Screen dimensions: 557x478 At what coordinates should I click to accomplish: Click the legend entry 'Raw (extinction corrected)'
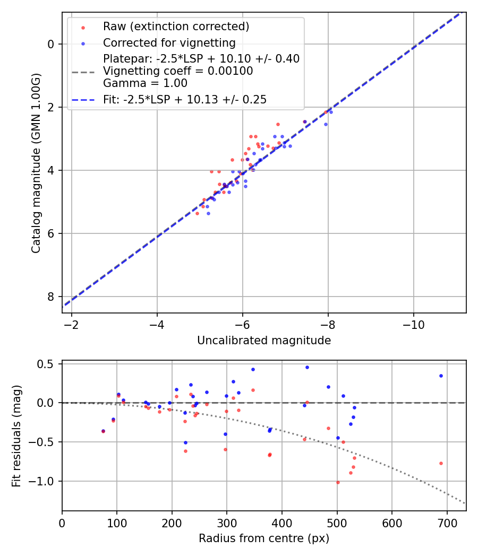click(x=176, y=27)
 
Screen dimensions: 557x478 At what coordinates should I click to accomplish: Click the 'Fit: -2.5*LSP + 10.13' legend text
click(x=185, y=99)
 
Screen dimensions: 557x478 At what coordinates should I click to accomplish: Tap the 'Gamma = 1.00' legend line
click(x=145, y=83)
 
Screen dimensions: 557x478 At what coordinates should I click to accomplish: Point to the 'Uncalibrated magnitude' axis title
click(x=264, y=341)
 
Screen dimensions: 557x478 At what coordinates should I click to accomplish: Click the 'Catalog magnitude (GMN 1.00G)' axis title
click(x=36, y=162)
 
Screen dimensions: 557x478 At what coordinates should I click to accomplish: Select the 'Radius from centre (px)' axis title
click(x=264, y=538)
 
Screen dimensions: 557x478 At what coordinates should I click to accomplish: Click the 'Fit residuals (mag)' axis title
click(x=16, y=435)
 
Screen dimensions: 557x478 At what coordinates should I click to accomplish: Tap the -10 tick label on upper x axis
click(x=413, y=325)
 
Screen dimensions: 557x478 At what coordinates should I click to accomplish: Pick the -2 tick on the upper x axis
click(x=71, y=325)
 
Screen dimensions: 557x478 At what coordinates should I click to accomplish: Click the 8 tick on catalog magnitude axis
click(x=52, y=297)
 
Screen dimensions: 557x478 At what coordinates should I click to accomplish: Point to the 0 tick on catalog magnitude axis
click(x=52, y=44)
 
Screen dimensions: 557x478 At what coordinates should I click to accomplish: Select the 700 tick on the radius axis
click(x=447, y=523)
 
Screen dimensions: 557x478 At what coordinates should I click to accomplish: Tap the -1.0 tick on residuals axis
click(x=44, y=481)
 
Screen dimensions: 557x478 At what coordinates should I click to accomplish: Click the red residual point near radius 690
click(x=441, y=463)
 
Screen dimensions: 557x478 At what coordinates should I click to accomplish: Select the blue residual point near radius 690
click(x=441, y=376)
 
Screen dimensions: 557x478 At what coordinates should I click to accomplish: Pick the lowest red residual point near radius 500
click(x=338, y=482)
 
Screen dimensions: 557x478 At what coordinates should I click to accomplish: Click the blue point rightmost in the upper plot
click(x=331, y=112)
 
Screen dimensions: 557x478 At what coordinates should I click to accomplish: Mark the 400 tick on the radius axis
click(x=282, y=523)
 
